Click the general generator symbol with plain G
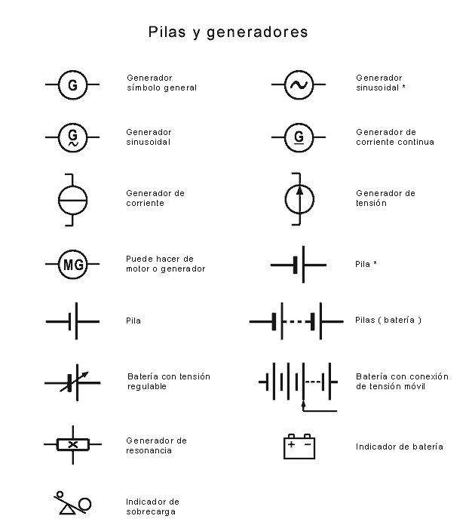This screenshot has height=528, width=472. point(72,84)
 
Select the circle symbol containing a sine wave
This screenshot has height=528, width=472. point(299,84)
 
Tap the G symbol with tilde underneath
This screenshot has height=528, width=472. point(72,137)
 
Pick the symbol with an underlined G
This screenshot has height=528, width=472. point(299,137)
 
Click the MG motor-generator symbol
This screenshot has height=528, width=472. point(73,265)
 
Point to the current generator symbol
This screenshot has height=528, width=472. point(73,199)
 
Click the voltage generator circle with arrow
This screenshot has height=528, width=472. point(299,199)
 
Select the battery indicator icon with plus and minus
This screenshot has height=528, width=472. point(299,446)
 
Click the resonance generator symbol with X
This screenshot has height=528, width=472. point(72,444)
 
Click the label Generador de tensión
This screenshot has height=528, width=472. point(385,198)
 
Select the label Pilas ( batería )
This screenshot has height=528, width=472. point(388,320)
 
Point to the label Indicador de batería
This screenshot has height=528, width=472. point(399,447)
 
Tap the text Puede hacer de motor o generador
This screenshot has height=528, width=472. point(165,263)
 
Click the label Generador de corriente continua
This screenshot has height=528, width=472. point(394,137)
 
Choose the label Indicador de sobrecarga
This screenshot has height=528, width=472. point(152,506)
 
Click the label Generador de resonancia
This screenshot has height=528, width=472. point(156,445)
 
